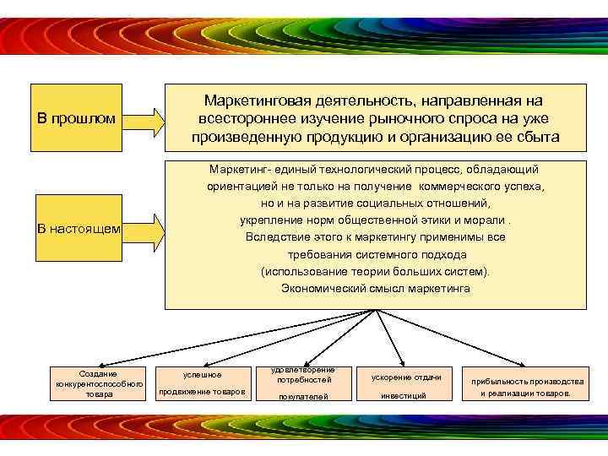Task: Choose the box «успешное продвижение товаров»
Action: tap(203, 383)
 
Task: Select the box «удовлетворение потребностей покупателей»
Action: tap(303, 383)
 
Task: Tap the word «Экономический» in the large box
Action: tap(323, 288)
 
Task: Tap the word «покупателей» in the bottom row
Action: tap(303, 396)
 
